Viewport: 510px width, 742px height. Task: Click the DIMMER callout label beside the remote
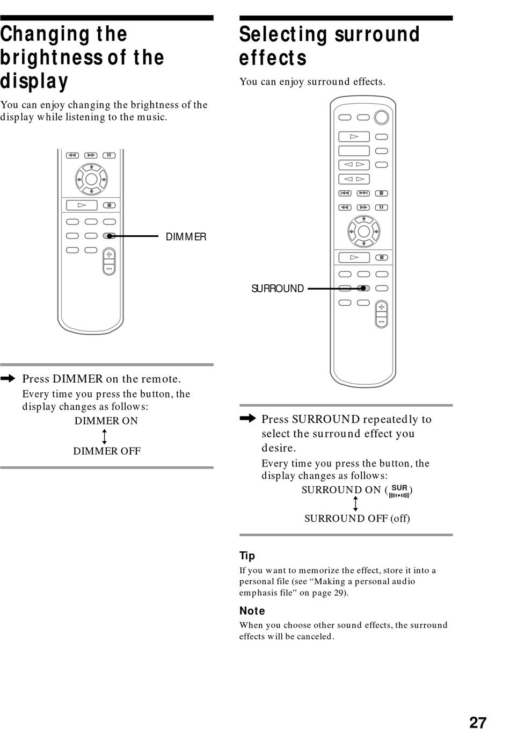(x=186, y=237)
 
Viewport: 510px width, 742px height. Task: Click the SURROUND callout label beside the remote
(x=278, y=289)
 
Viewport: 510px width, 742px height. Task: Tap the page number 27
(x=477, y=723)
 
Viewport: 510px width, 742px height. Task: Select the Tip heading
(x=247, y=556)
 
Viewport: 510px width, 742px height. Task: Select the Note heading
(x=252, y=610)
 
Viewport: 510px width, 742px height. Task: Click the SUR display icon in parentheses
(x=399, y=491)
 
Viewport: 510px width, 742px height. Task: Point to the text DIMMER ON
(x=106, y=421)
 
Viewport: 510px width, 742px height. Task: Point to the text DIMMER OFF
(x=107, y=451)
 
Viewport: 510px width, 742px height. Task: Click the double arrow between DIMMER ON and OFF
(x=104, y=436)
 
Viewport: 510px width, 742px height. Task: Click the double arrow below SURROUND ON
(x=355, y=504)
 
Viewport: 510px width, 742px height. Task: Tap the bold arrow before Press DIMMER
(x=8, y=379)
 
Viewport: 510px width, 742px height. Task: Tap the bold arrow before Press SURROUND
(x=247, y=419)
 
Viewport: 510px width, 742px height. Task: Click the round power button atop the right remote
(x=381, y=117)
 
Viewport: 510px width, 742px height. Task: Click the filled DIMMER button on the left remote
(x=110, y=236)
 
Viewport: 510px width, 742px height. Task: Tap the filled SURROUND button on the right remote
(x=363, y=289)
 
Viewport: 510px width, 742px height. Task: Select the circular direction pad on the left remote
(x=91, y=179)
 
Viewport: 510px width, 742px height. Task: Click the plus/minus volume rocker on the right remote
(x=381, y=314)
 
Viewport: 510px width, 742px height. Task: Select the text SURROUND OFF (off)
(x=357, y=518)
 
